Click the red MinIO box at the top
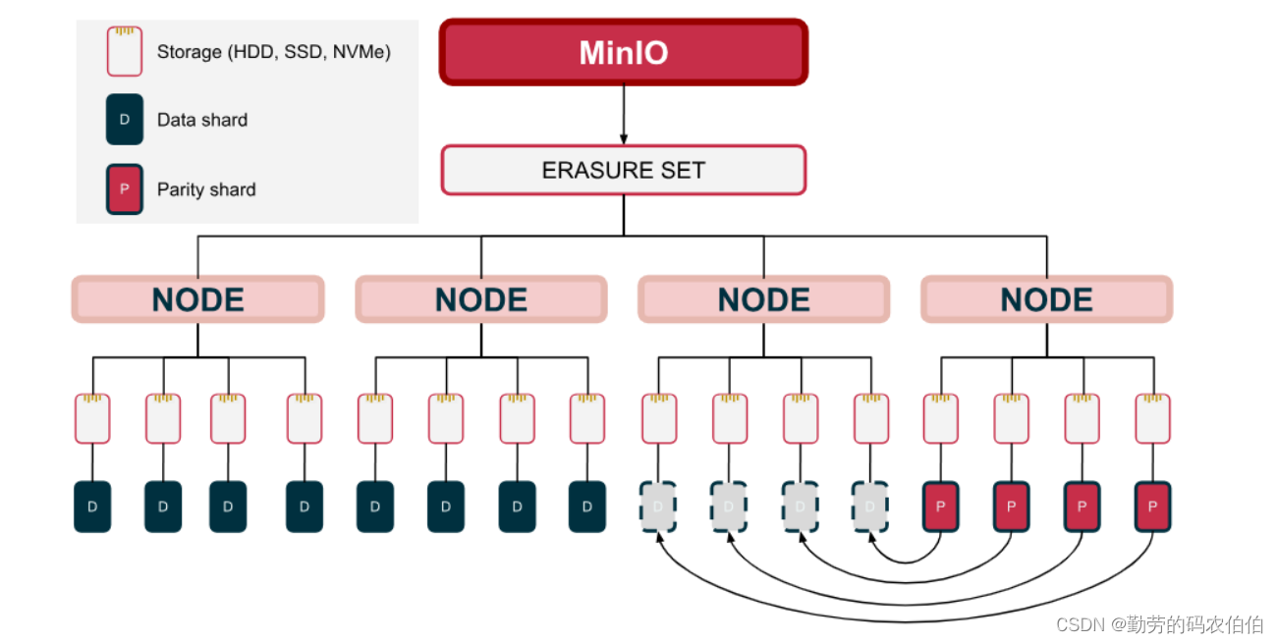623,52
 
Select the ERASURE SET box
623,170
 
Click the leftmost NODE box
197,299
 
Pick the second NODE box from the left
480,299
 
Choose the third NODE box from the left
763,299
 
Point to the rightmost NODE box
1046,299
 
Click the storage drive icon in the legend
125,51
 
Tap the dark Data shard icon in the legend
125,120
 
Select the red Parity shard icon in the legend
125,189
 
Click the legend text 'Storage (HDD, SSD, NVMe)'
274,52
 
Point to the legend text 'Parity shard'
206,189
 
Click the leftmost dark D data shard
92,507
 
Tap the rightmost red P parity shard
1152,507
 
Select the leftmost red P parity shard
940,507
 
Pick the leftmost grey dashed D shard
657,507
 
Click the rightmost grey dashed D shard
869,507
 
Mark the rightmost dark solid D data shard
586,507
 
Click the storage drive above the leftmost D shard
92,419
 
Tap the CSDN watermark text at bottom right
1159,624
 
